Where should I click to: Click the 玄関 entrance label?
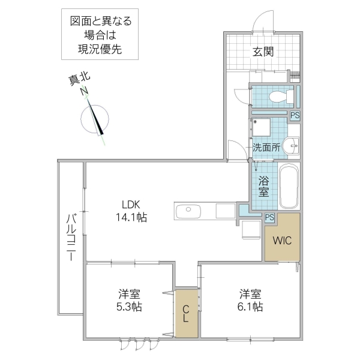point(262,52)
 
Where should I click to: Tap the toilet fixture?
point(279,96)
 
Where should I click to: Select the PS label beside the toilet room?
point(295,116)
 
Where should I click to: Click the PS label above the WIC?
point(269,218)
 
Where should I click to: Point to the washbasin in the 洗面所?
point(292,145)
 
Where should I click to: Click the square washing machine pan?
point(262,128)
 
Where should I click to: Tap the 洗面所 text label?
point(266,147)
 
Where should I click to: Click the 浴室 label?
point(263,186)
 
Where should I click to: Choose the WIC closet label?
point(281,241)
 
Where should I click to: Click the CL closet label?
point(186,314)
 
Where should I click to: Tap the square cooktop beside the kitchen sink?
point(226,211)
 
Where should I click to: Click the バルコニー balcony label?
point(70,238)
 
